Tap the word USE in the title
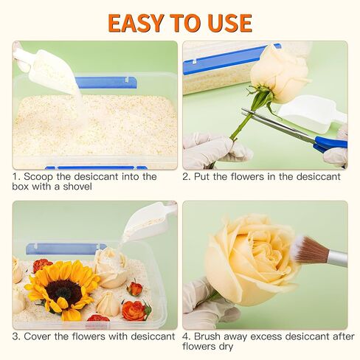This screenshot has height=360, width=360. [x=230, y=23]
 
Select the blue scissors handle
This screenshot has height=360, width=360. [x=330, y=144]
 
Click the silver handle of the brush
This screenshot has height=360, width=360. [x=337, y=259]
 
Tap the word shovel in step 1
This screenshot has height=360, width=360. [x=77, y=187]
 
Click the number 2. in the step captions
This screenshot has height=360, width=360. [x=187, y=176]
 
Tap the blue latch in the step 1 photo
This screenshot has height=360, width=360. [x=105, y=83]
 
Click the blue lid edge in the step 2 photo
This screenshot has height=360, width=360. [x=231, y=59]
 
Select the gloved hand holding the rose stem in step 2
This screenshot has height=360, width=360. [x=216, y=150]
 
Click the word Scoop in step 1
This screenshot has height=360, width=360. [x=38, y=176]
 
